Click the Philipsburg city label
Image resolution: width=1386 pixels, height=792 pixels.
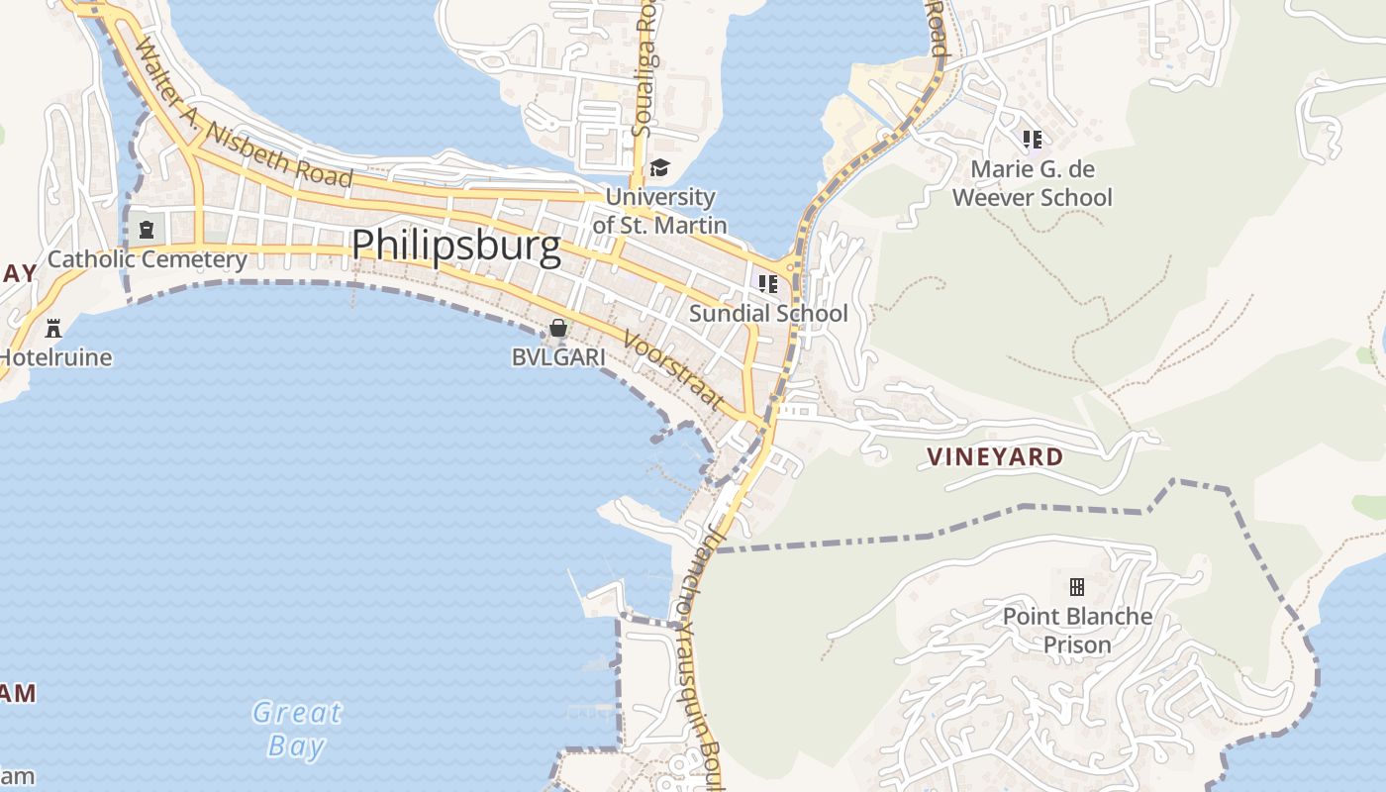click(x=455, y=246)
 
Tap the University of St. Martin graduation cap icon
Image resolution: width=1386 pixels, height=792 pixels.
click(x=659, y=168)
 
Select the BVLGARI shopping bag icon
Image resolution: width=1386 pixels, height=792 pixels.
click(x=558, y=328)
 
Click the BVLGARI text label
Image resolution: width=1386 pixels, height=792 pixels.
click(x=557, y=357)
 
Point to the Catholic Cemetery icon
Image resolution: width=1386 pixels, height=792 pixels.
click(x=147, y=230)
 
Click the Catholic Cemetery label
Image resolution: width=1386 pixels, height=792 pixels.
click(x=148, y=259)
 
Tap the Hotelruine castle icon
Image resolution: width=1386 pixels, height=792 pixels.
click(x=53, y=328)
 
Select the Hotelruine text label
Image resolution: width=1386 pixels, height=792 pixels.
click(x=55, y=357)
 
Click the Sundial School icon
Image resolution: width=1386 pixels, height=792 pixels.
click(x=768, y=284)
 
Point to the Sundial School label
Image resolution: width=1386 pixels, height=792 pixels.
click(x=768, y=314)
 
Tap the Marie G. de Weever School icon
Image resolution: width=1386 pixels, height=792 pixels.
click(x=1033, y=140)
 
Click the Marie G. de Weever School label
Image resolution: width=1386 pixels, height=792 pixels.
click(x=1033, y=183)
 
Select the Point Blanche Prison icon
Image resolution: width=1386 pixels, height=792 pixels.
click(x=1077, y=587)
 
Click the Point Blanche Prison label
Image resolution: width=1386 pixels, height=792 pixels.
click(x=1077, y=631)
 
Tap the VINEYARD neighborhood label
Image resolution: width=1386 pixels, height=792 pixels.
click(x=995, y=457)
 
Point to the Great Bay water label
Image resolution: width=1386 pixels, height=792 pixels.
click(x=296, y=729)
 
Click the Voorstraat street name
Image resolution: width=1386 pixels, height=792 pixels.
click(x=672, y=370)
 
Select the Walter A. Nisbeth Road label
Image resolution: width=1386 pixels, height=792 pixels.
click(x=243, y=115)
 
